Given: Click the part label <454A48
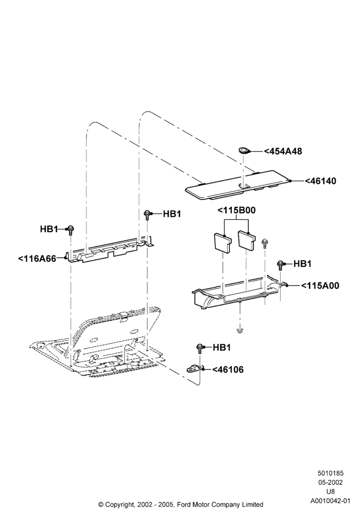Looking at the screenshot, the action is coord(283,151).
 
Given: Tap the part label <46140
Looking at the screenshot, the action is coord(320,181).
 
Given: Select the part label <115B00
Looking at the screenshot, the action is coord(237,210).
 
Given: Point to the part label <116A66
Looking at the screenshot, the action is coord(37,259).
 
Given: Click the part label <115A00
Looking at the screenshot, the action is coord(320,285).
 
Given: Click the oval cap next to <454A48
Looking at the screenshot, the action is coord(244,151).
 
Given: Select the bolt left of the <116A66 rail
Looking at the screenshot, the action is coord(70,230).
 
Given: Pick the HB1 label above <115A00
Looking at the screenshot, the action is coord(302,264).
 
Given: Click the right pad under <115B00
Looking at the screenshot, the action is coord(247,241).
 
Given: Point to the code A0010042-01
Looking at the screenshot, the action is coord(330,501).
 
